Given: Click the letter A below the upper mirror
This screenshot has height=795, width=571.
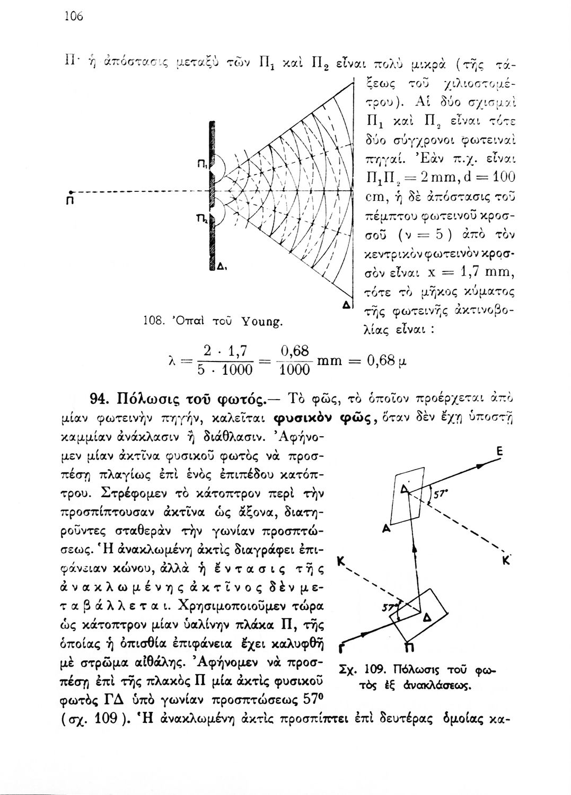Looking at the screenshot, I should [x=385, y=529].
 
